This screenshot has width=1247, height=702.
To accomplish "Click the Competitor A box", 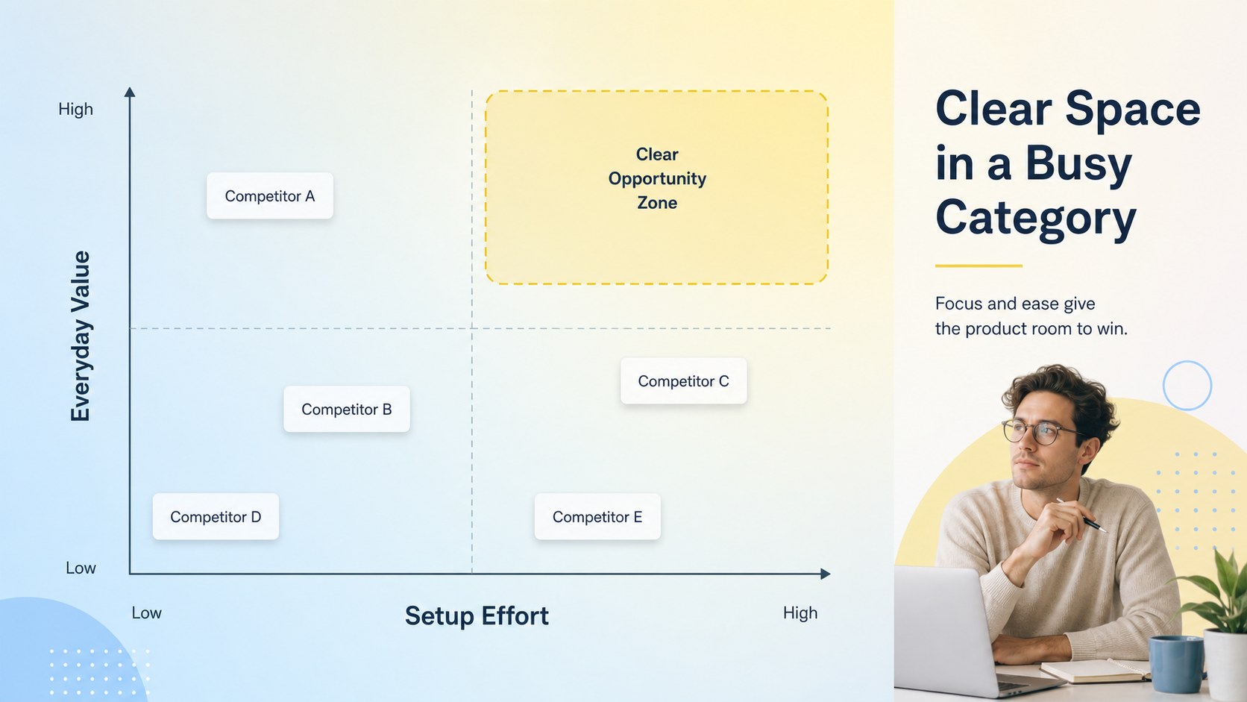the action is [270, 195].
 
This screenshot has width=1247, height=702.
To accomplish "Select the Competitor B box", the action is [347, 409].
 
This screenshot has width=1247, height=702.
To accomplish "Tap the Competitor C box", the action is [684, 380].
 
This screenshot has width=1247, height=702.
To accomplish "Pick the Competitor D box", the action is [216, 517].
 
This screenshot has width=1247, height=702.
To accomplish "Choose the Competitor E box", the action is [597, 517].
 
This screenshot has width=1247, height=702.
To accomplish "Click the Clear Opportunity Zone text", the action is [657, 178].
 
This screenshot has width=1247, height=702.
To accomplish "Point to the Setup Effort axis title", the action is [477, 616].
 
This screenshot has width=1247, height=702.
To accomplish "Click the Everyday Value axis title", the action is [81, 336].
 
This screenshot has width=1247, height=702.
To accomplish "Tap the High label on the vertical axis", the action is [76, 109].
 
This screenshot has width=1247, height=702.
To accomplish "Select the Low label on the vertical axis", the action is [81, 568].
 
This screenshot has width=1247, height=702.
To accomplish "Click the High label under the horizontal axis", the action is [800, 613].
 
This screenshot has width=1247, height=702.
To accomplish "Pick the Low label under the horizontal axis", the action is [146, 613].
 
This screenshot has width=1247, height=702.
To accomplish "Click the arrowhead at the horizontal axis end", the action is [826, 574].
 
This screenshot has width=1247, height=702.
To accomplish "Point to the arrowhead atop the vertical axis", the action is [130, 92].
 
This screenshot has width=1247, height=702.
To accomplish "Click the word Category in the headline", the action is [1036, 219].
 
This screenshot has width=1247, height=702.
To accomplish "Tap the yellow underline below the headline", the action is [979, 266].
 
